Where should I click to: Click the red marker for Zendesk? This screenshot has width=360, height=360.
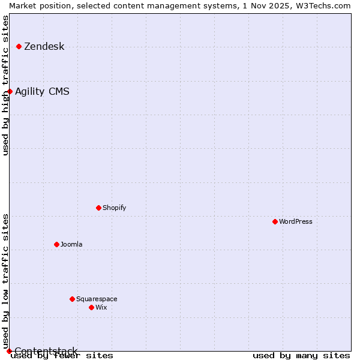19,46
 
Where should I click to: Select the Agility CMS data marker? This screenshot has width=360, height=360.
10,91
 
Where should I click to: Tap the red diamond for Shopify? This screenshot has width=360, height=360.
98,208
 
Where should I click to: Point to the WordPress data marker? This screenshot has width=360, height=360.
275,221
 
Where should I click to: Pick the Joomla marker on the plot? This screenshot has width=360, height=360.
56,244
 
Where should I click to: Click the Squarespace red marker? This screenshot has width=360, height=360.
72,299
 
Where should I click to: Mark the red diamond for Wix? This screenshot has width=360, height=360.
91,307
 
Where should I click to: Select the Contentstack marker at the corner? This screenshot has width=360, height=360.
9,351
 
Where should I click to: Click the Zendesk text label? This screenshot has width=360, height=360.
44,47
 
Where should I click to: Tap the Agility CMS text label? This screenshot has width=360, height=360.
42,92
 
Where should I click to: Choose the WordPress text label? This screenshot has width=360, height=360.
296,221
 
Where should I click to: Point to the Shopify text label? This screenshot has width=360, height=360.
115,208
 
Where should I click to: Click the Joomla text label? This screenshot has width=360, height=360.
71,244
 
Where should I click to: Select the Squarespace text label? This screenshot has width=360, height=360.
97,299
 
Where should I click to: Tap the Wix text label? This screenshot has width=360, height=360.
101,307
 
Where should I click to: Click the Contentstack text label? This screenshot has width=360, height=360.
46,351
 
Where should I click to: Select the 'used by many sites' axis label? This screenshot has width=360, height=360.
301,355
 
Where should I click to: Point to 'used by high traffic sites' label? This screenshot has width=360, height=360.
5,85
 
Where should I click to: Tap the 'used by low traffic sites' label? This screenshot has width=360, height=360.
5,281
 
